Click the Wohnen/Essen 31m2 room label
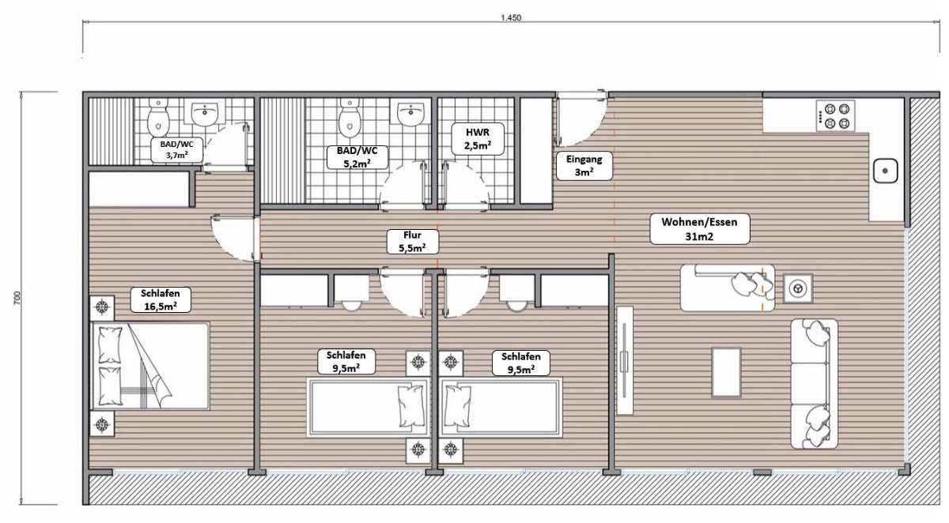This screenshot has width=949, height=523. point(694,228)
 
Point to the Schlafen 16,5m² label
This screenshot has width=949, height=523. point(161,299)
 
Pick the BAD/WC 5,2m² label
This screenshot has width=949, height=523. point(357,156)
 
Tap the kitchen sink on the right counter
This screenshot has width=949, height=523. point(885,171)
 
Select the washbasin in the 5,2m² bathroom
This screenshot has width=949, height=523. point(410,115)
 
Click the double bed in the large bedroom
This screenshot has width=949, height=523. point(150,365)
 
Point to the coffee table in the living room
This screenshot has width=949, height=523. point(726,371)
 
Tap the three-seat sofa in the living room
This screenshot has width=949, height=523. point(814,383)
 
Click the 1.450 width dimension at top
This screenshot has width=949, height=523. point(512,17)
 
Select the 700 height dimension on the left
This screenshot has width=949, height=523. point(17,298)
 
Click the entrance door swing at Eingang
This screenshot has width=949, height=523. point(580,120)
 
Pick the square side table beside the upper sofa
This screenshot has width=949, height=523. point(797,288)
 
